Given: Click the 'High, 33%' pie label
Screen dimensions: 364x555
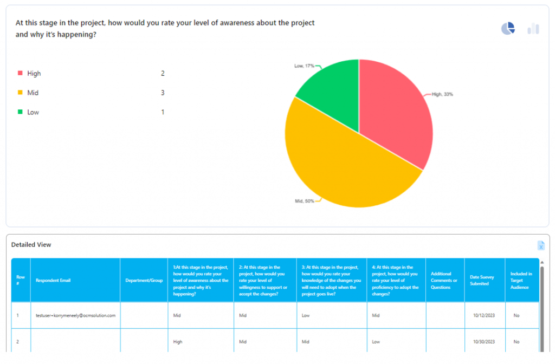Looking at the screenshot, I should [x=442, y=94].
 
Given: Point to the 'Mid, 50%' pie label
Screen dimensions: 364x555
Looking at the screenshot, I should [x=305, y=201].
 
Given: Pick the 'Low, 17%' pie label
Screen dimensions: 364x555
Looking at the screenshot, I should [x=304, y=66].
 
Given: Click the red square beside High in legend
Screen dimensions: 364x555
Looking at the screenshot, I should [x=21, y=73].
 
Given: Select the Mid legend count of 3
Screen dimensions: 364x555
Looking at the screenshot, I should [x=163, y=93].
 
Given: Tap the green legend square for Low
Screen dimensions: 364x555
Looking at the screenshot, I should [x=21, y=112].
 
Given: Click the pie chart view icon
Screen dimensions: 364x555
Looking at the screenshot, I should [x=508, y=29].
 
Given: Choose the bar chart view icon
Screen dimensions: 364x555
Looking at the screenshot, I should [x=533, y=29].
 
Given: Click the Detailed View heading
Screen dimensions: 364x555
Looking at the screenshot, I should [x=31, y=245].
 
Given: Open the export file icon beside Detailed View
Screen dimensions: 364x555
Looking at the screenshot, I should [x=541, y=245].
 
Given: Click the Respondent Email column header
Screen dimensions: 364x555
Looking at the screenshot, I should [x=53, y=280].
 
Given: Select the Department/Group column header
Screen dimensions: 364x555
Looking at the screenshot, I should [x=144, y=280].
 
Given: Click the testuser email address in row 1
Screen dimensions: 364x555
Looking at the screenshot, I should [x=76, y=315].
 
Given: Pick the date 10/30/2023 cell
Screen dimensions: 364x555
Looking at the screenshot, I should [x=483, y=342].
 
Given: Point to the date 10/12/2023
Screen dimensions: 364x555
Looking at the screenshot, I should [x=483, y=315].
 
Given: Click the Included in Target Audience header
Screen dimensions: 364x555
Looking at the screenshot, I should [x=521, y=280].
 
